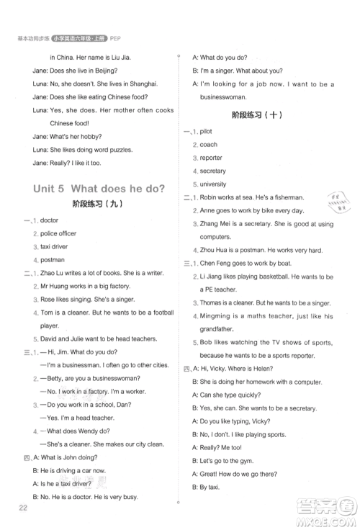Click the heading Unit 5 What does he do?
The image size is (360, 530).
99,189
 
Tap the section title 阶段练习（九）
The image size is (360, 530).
99,204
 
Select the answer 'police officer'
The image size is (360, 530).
58,233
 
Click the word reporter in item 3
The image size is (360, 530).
211,158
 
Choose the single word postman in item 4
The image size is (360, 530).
53,259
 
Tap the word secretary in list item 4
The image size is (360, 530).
212,171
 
